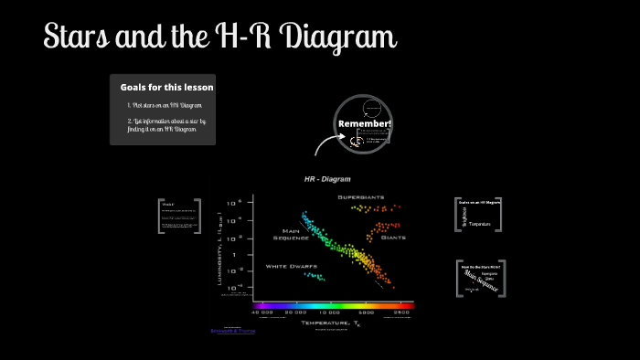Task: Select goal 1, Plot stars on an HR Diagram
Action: (165, 106)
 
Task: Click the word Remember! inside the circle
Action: (365, 123)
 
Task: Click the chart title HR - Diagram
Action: (327, 179)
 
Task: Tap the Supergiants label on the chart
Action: (360, 197)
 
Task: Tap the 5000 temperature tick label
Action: (366, 312)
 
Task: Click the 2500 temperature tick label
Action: (400, 312)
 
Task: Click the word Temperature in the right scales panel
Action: (480, 224)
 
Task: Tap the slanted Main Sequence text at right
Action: (479, 278)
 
